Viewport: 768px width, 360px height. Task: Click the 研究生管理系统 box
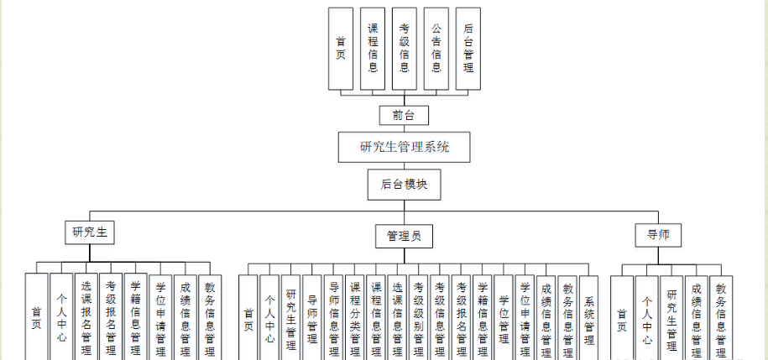tap(404, 147)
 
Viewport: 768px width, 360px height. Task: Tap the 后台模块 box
tap(404, 185)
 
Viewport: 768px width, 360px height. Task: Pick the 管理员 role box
tap(404, 236)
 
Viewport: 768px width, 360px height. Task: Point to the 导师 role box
tap(657, 234)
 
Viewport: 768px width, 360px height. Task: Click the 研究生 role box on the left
tap(90, 232)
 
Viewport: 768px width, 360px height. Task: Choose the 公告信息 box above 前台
tap(436, 49)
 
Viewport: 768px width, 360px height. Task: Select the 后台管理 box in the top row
tap(468, 49)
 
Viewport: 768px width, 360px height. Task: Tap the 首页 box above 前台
tap(340, 49)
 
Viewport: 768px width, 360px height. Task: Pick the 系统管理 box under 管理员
tap(589, 319)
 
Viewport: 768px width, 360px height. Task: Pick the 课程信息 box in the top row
tap(373, 49)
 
